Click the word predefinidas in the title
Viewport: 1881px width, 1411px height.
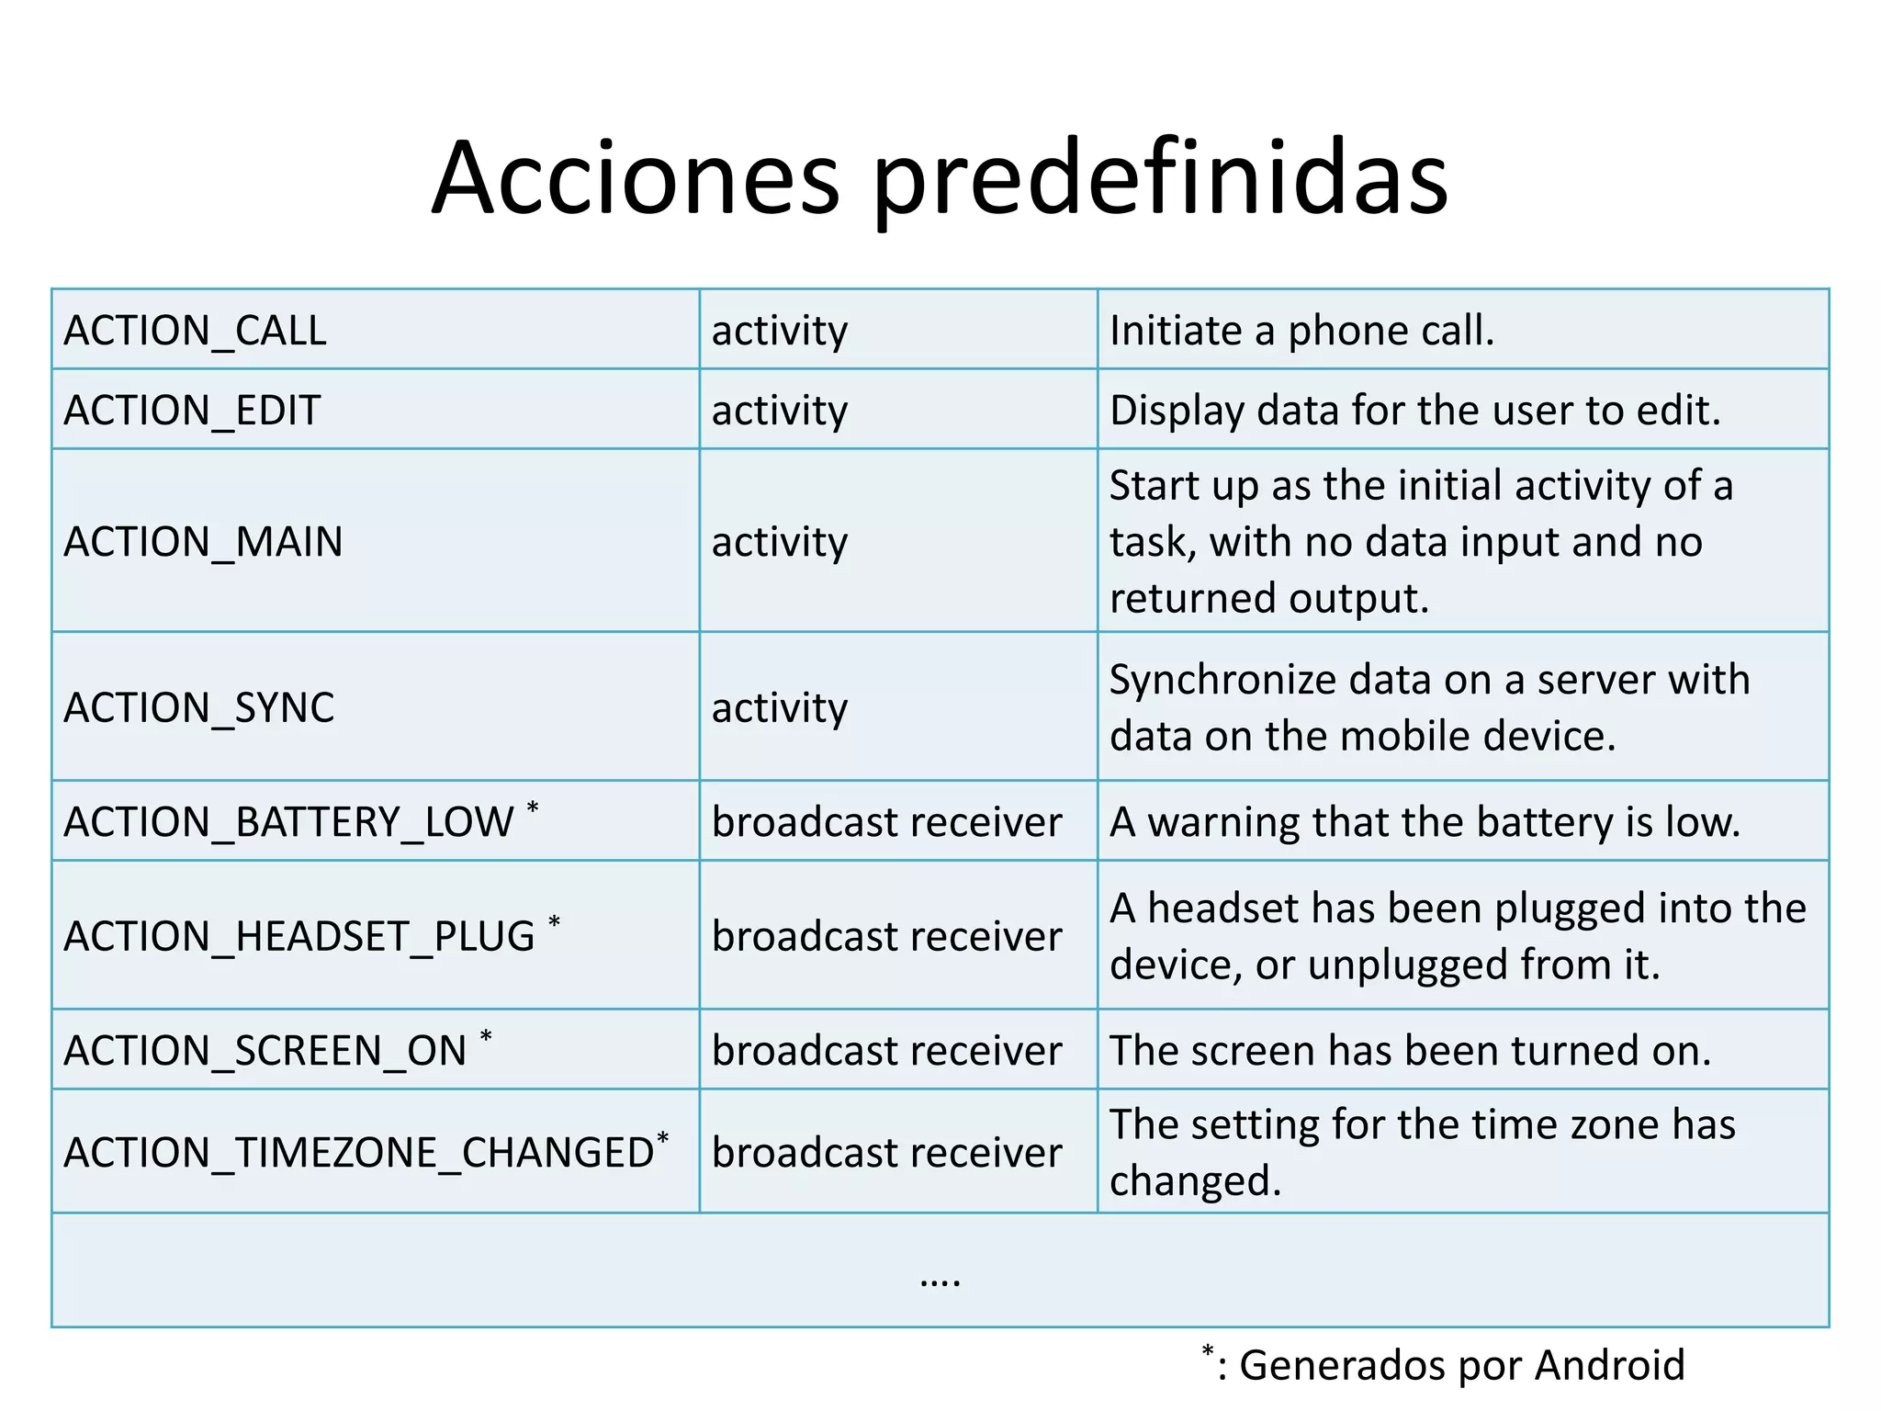1159,179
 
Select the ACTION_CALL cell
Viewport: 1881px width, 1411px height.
195,331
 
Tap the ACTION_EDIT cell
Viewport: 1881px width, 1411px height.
192,411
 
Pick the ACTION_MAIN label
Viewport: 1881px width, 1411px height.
203,542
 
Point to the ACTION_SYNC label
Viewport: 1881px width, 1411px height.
198,708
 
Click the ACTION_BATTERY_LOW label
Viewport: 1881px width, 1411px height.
288,822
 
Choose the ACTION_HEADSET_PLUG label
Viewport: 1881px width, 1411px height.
298,937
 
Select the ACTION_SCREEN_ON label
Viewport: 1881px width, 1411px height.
265,1051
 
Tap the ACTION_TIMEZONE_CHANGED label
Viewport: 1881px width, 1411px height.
358,1153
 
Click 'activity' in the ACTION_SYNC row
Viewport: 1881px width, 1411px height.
780,708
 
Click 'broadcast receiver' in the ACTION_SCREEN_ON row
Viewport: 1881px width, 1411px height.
886,1051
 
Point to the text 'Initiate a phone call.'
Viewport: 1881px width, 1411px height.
1301,331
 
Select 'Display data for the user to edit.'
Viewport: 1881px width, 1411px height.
1414,411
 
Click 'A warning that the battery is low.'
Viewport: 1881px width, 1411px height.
1425,822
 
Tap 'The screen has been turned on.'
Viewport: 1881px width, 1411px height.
1410,1051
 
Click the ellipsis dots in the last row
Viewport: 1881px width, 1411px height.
940,1280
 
